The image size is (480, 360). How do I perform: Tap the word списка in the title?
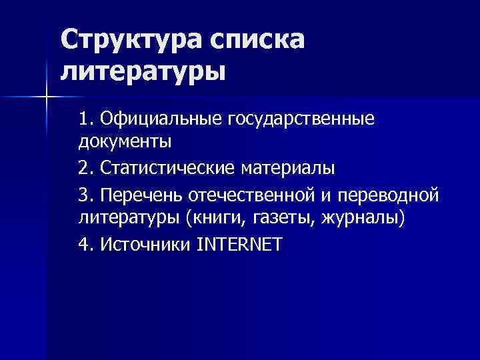click(x=256, y=41)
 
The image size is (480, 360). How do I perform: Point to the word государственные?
click(x=302, y=119)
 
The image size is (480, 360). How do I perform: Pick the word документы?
click(x=125, y=141)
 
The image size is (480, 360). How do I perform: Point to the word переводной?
click(x=389, y=196)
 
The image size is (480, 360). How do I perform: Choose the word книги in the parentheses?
click(x=214, y=218)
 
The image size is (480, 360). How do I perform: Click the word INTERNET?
click(x=240, y=245)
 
